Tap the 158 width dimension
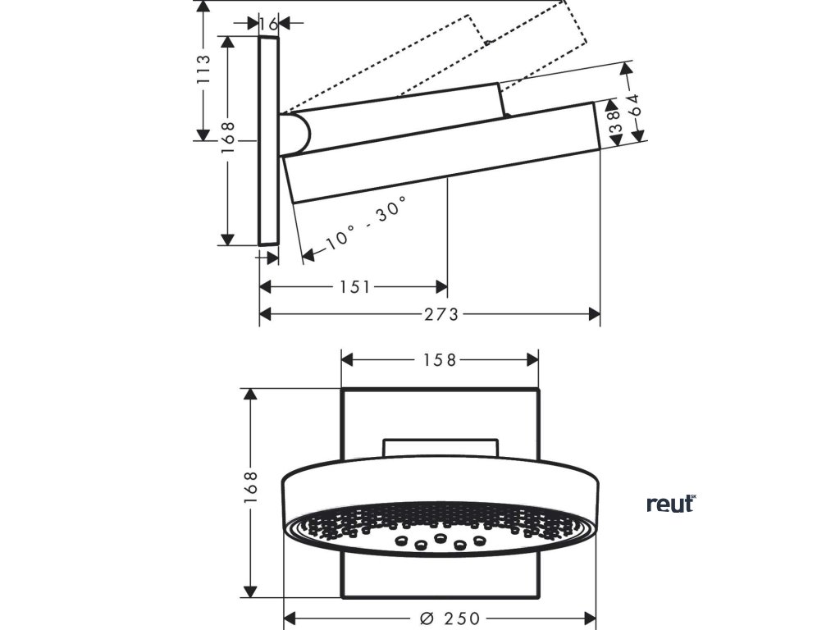coord(440,360)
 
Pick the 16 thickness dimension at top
coord(268,25)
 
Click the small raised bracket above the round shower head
coord(441,448)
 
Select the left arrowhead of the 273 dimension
coord(265,313)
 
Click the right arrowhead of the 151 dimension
coord(442,287)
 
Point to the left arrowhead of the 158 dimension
coord(347,359)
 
